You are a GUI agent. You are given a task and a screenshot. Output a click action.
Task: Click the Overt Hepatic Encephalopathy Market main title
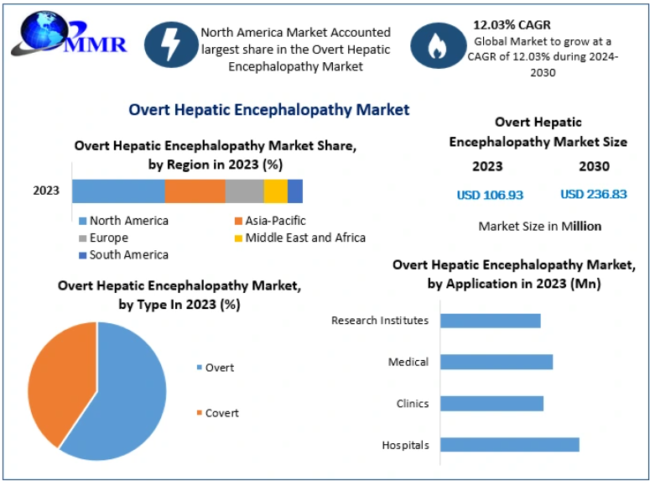point(268,109)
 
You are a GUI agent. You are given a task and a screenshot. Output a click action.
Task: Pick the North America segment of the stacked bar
point(118,191)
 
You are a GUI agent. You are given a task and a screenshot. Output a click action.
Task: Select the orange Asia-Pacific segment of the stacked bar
point(195,191)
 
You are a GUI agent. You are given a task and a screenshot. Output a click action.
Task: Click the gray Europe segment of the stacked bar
point(244,191)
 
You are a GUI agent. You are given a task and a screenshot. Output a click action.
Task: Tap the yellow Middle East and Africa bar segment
point(275,191)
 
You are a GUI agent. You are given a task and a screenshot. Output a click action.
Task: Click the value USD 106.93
point(490,195)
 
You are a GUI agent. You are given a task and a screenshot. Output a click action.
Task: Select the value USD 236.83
point(594,195)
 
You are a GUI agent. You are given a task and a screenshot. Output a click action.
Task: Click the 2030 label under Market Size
point(594,166)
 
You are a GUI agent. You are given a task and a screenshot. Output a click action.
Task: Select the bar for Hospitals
point(509,445)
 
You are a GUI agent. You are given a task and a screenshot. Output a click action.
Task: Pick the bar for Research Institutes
point(490,321)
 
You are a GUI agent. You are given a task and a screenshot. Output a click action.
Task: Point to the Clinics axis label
point(413,404)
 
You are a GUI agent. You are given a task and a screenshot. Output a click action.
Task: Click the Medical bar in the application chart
point(496,362)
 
